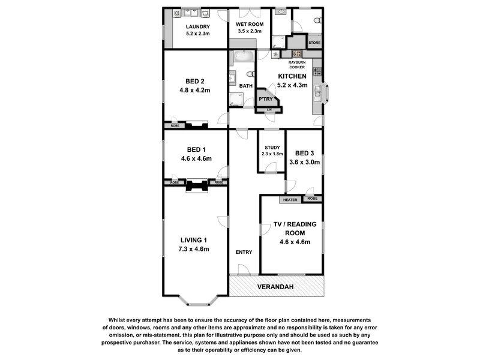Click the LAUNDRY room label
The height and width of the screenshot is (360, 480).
tap(198, 26)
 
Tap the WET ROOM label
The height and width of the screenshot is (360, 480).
tap(250, 24)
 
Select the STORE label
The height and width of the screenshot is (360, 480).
tap(314, 43)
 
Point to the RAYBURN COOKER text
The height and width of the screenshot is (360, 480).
tap(297, 65)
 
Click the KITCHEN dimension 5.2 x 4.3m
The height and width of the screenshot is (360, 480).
tap(292, 85)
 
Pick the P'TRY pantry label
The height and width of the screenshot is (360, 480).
tap(265, 99)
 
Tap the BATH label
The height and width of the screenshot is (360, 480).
tap(246, 86)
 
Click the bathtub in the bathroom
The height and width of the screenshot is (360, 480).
tap(244, 56)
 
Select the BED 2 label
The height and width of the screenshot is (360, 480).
tap(194, 81)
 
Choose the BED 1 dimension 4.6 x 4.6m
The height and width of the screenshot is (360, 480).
tap(196, 158)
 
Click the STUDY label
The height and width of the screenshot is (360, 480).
tap(272, 148)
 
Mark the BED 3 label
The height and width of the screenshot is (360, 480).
tap(304, 153)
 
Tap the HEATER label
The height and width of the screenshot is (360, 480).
tap(290, 200)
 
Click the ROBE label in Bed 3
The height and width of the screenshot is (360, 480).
tap(312, 199)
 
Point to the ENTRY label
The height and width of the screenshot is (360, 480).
tap(244, 252)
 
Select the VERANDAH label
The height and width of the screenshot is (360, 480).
tap(275, 287)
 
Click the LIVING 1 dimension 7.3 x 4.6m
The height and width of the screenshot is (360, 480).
tap(194, 249)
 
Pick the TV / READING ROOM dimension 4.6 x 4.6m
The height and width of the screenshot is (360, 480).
tap(295, 242)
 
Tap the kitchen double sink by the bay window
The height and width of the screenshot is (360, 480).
tap(317, 93)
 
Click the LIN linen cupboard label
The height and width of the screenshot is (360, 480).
tap(269, 110)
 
